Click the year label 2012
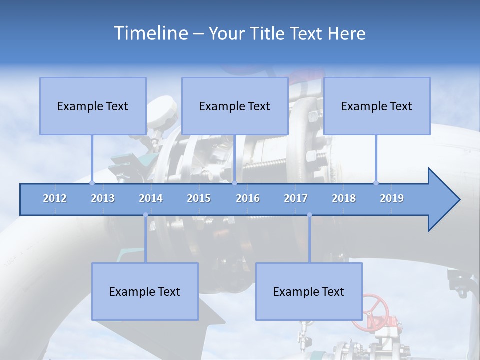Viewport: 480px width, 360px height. (55, 198)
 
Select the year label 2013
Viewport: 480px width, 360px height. (103, 198)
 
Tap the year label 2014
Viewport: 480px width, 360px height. (151, 198)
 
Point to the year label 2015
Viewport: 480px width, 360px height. (199, 198)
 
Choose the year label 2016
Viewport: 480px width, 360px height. (248, 198)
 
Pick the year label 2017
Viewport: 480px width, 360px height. (296, 198)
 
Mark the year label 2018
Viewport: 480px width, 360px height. (344, 198)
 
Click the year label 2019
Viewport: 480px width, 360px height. (392, 198)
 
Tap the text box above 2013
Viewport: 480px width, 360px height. (93, 106)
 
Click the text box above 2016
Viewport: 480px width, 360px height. (235, 106)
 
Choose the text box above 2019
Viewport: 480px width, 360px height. (377, 106)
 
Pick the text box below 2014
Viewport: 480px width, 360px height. (145, 291)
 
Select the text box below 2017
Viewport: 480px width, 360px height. (309, 291)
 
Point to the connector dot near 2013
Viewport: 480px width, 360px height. (92, 183)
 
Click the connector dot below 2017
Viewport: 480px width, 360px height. (309, 215)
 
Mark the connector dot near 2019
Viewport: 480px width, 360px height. (376, 183)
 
